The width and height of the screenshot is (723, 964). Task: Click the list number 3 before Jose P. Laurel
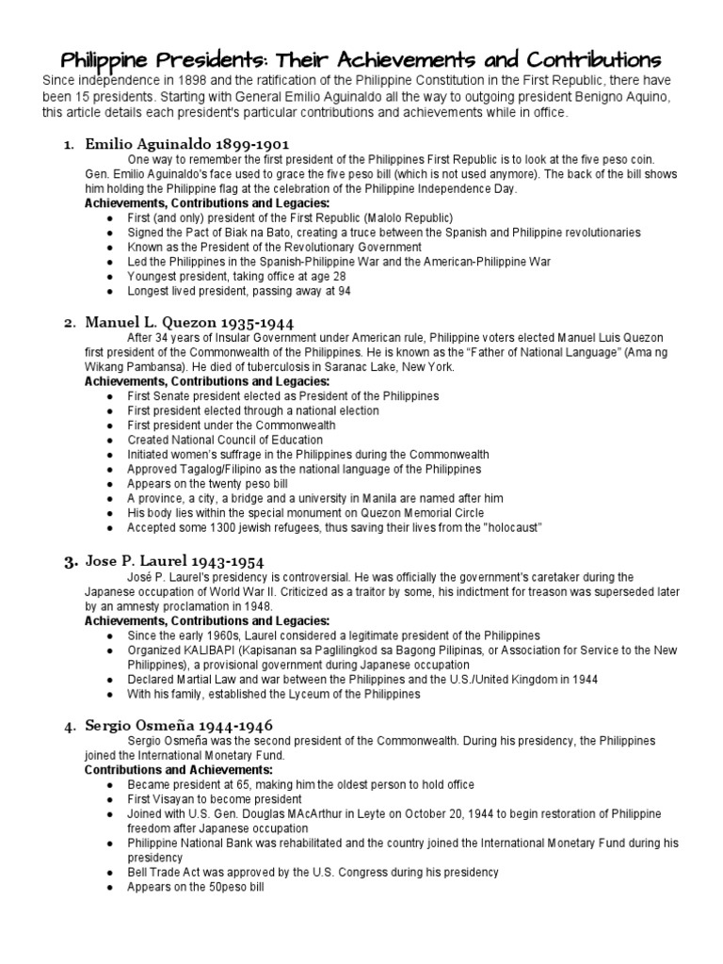[69, 563]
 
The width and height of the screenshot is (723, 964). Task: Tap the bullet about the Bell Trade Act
[313, 873]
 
